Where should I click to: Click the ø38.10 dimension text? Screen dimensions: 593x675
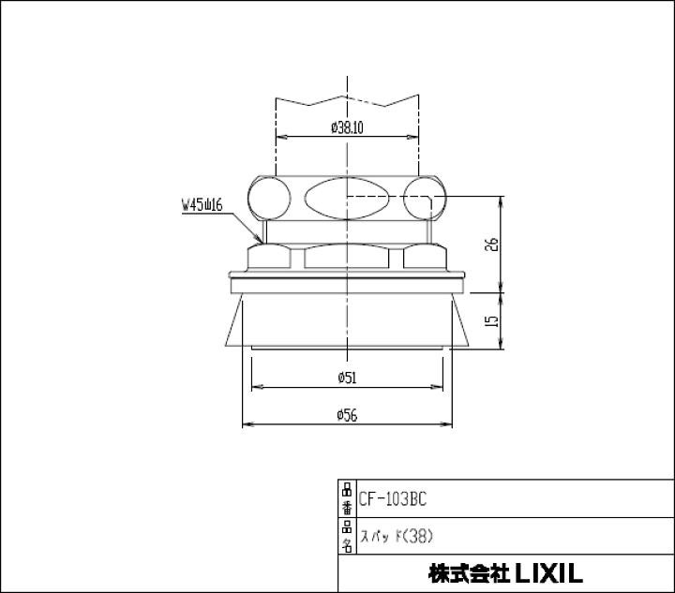tap(348, 128)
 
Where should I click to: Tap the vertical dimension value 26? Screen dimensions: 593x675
tap(493, 245)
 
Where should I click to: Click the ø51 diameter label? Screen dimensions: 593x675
tap(348, 378)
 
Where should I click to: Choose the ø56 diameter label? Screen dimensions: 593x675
tap(348, 415)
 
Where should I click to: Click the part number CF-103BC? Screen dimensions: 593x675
tap(393, 499)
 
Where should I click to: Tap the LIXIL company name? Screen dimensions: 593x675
tap(506, 573)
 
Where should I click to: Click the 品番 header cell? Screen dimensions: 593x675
tap(346, 499)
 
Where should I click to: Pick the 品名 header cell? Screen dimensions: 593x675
tap(346, 537)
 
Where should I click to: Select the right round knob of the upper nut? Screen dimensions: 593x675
tap(427, 199)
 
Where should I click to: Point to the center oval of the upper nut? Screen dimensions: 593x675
tap(347, 198)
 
